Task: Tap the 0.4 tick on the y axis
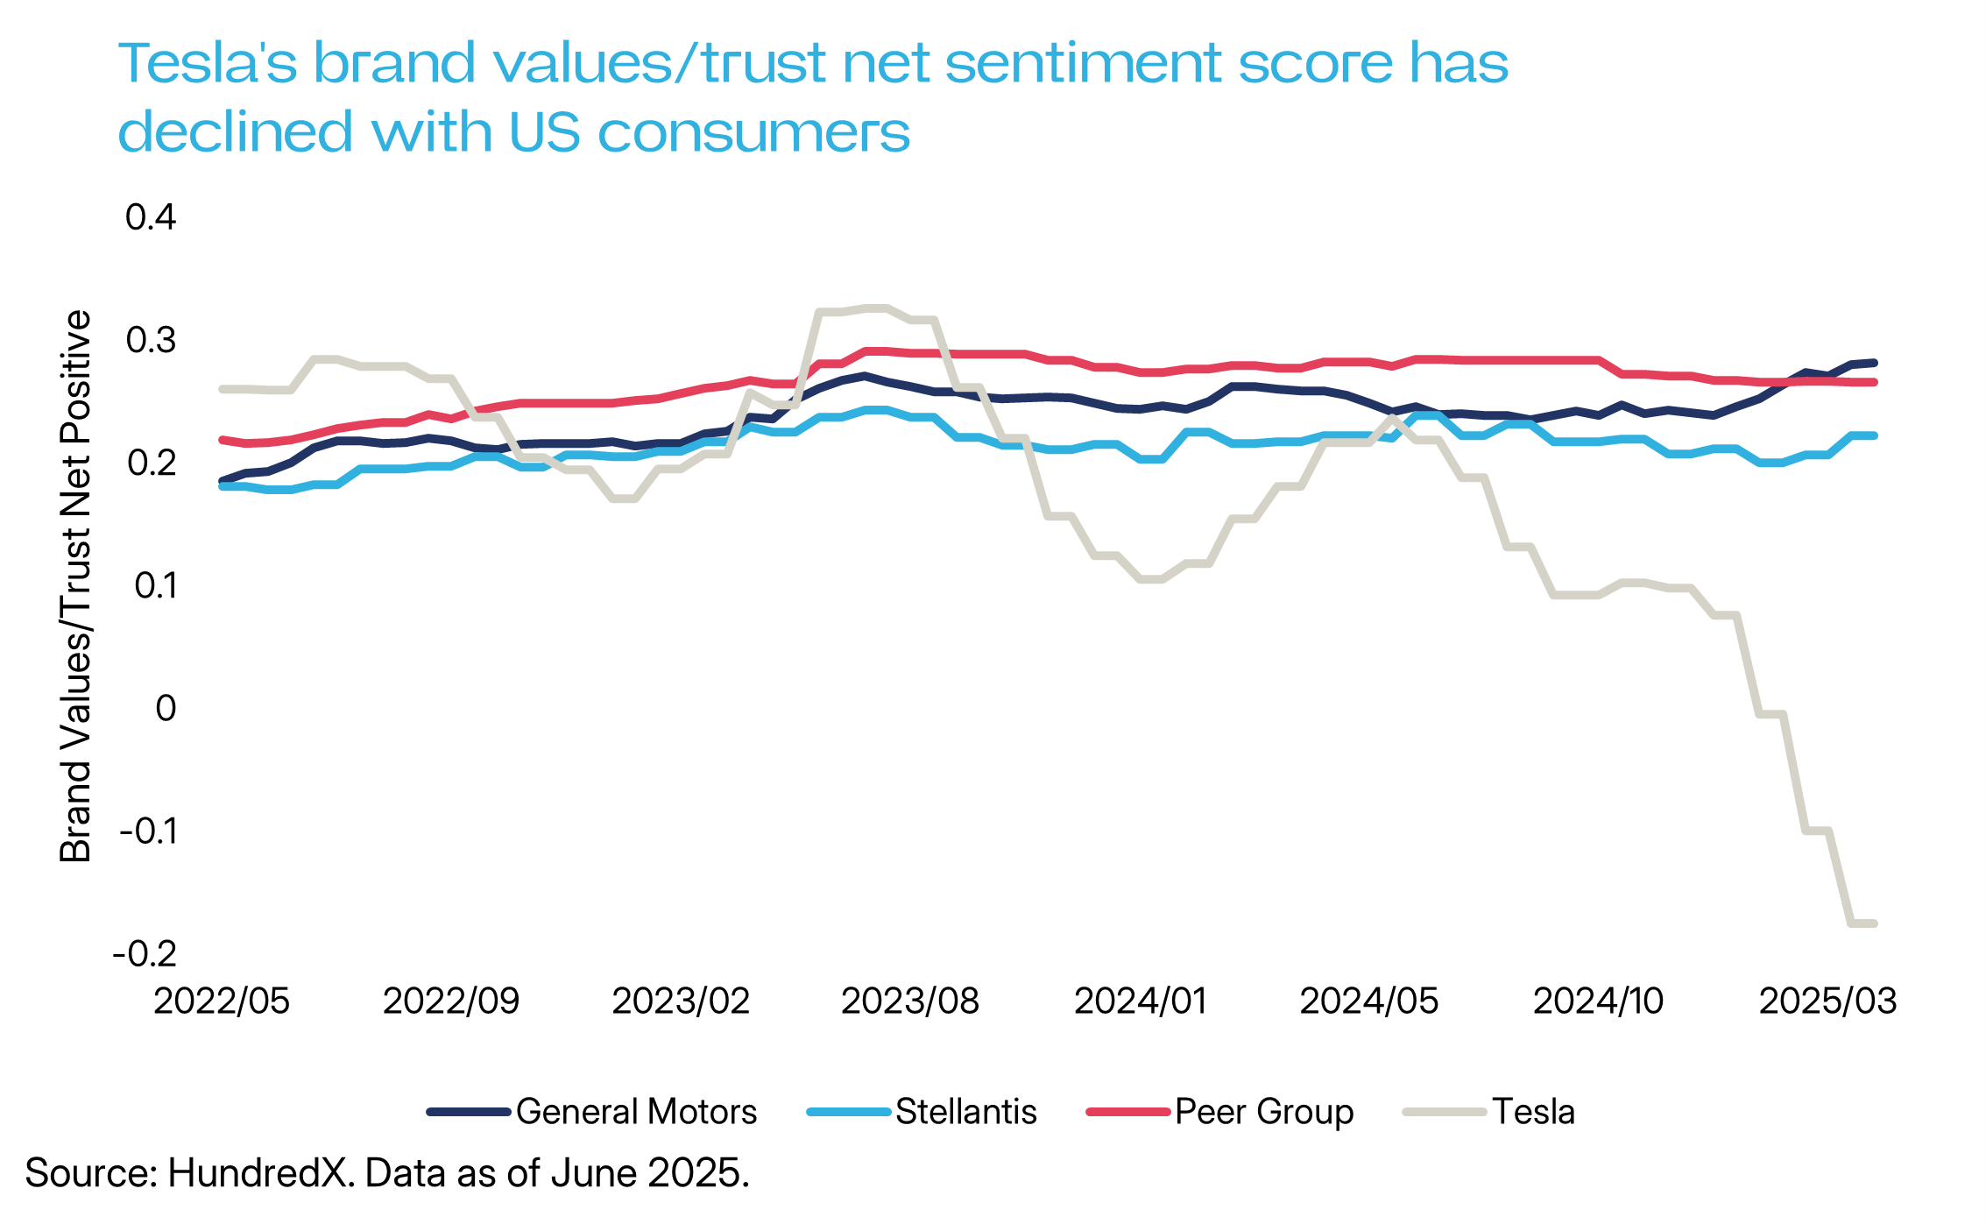[x=151, y=217]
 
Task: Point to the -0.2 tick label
[x=145, y=953]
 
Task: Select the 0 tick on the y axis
[x=166, y=708]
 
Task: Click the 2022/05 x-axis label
[x=222, y=1001]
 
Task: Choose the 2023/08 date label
[x=909, y=1001]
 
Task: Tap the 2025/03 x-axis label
[x=1827, y=1001]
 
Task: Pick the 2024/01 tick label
[x=1140, y=1001]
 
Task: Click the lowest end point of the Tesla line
[x=1873, y=923]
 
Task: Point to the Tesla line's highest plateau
[x=876, y=308]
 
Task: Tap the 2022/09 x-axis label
[x=451, y=1001]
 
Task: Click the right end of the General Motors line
[x=1873, y=363]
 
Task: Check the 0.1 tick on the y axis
[x=155, y=585]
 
